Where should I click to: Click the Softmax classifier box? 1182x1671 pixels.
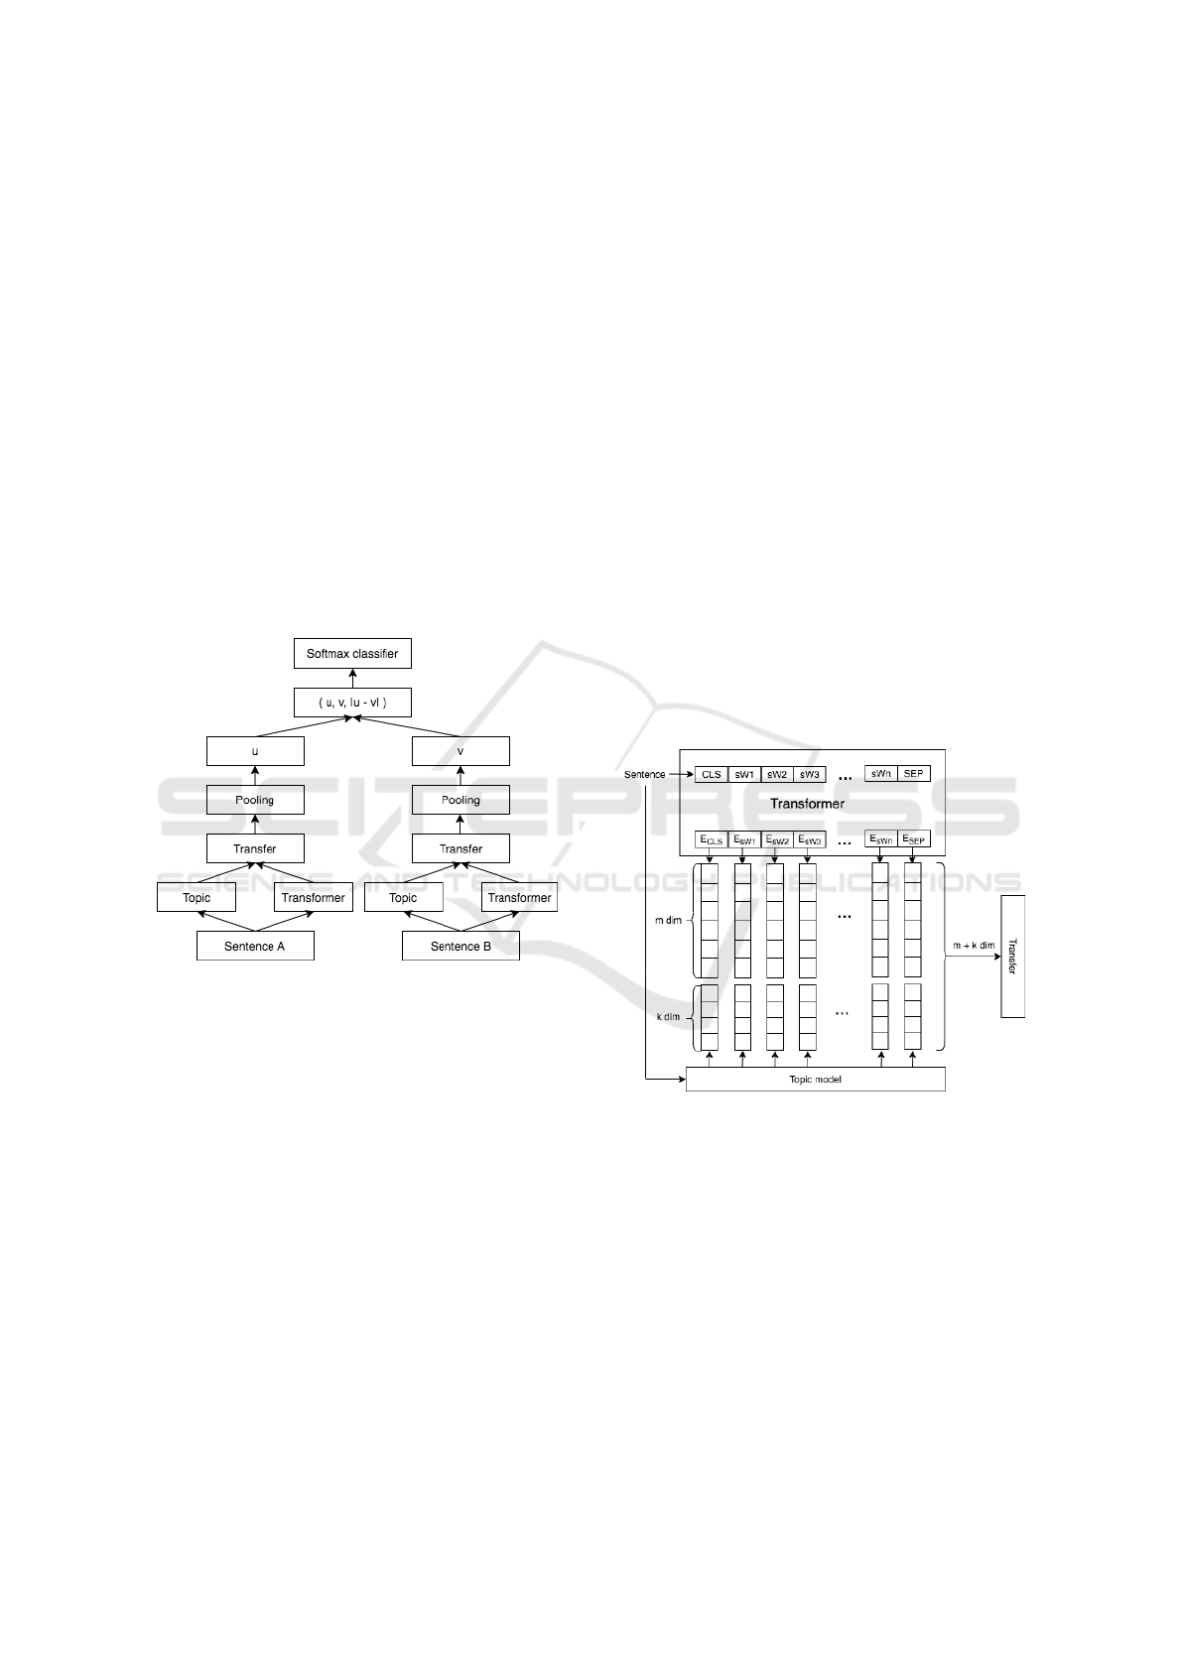point(352,654)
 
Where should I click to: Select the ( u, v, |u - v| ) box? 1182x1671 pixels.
point(352,703)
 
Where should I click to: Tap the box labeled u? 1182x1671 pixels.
point(255,751)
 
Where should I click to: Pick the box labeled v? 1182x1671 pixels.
point(460,751)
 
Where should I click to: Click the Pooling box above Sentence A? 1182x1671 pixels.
point(255,800)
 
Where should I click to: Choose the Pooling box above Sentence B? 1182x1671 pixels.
point(460,800)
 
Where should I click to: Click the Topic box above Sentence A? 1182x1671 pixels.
point(197,897)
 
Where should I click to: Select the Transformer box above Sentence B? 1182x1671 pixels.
point(519,897)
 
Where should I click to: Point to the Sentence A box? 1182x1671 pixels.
point(255,946)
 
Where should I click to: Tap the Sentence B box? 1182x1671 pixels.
point(460,946)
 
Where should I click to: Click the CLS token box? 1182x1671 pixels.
point(712,774)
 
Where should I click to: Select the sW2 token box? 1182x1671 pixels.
point(777,774)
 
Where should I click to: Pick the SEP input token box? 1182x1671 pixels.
point(914,774)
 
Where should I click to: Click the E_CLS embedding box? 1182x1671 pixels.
point(712,839)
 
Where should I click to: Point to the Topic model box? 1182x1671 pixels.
point(815,1079)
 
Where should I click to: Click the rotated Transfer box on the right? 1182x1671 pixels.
point(1012,956)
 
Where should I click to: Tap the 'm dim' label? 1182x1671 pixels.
point(668,920)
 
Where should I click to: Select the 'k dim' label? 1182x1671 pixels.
point(668,1016)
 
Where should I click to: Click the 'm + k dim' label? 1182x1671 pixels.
point(974,946)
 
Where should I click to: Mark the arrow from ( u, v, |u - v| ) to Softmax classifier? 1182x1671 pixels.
point(352,679)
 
